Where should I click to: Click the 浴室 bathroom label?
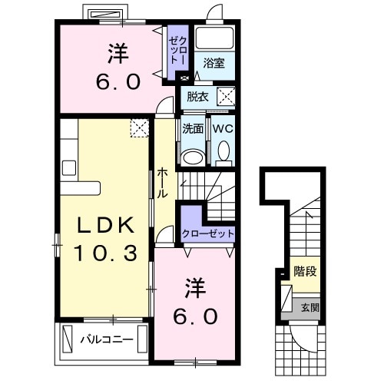coord(214,63)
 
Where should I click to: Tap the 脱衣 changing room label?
coord(197,97)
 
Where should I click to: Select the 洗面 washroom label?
coord(193,128)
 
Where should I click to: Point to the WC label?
coord(223,128)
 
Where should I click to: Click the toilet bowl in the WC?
coord(223,151)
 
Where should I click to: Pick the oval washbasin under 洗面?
coord(193,157)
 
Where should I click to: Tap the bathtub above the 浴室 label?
coord(214,38)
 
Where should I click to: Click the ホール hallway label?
coord(162,183)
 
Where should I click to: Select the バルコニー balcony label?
coord(107,339)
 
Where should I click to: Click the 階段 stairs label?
coord(305,271)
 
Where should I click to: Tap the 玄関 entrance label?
coord(310,307)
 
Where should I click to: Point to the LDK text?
coord(106,224)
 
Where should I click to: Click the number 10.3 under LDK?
coord(105,253)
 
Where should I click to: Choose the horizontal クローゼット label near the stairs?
coord(208,233)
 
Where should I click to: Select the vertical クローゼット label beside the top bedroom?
coord(178,50)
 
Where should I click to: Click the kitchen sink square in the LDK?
coord(69,168)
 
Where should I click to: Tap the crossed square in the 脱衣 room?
coord(226,96)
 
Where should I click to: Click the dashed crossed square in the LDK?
coord(140,128)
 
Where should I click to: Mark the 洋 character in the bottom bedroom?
coord(195,288)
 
